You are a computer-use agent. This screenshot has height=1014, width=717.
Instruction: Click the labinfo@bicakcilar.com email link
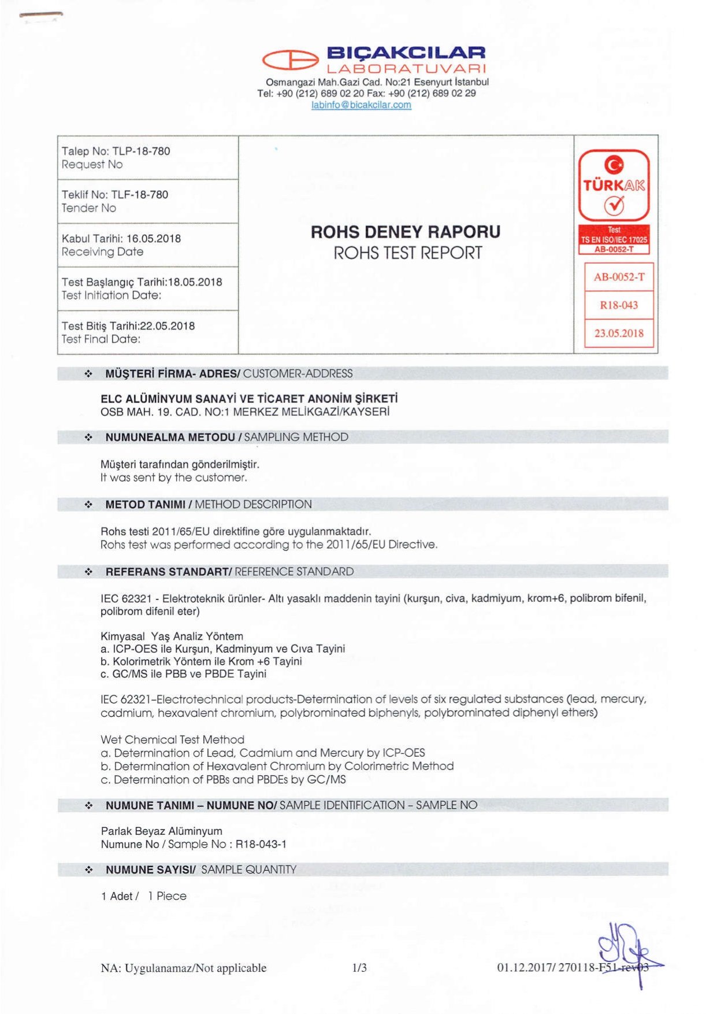[x=361, y=105]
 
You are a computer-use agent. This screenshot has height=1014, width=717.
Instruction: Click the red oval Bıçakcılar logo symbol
[x=291, y=60]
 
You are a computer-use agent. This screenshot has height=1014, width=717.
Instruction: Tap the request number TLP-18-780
[x=141, y=151]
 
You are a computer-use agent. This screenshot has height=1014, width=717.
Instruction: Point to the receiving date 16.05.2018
[x=153, y=239]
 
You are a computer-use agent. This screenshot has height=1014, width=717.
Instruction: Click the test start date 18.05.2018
[x=195, y=282]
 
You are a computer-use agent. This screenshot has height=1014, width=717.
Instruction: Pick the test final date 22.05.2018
[x=168, y=326]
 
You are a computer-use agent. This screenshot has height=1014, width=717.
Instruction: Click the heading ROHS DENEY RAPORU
[x=406, y=232]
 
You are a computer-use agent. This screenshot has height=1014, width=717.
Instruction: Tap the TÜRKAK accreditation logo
[x=614, y=185]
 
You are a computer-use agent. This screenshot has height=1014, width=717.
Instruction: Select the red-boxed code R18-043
[x=619, y=305]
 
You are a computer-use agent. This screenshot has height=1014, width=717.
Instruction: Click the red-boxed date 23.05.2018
[x=619, y=334]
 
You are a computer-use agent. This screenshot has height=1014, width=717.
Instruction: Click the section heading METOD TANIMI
[x=146, y=505]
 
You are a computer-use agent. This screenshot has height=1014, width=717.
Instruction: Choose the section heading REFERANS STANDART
[x=168, y=572]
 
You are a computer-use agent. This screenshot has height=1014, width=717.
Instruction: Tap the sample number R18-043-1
[x=261, y=845]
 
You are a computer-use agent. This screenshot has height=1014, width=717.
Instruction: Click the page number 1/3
[x=359, y=968]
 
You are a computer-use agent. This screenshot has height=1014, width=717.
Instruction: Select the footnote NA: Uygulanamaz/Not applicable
[x=183, y=968]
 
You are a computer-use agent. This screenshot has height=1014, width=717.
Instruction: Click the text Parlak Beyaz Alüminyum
[x=161, y=831]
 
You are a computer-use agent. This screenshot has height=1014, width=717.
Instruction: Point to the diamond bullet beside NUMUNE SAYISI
[x=89, y=870]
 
